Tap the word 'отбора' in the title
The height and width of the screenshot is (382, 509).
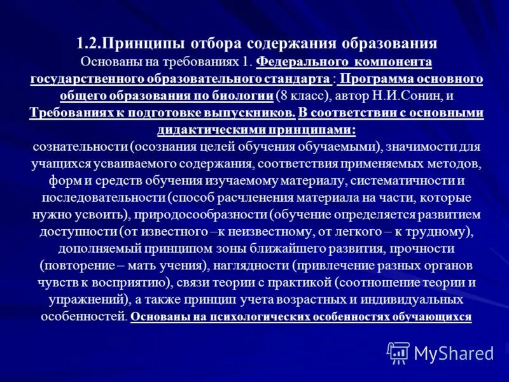(x=207, y=44)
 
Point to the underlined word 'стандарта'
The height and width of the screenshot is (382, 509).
(x=292, y=80)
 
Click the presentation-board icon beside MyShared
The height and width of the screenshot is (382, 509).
(x=399, y=353)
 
